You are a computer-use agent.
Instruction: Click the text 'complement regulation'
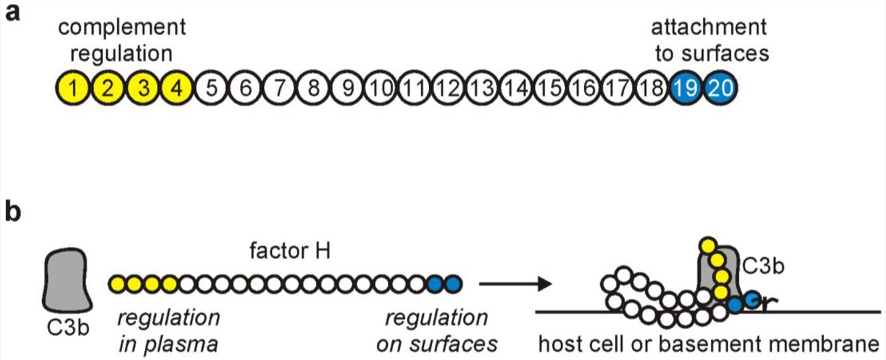coord(122,40)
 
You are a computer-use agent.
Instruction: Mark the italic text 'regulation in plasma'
coord(168,330)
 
